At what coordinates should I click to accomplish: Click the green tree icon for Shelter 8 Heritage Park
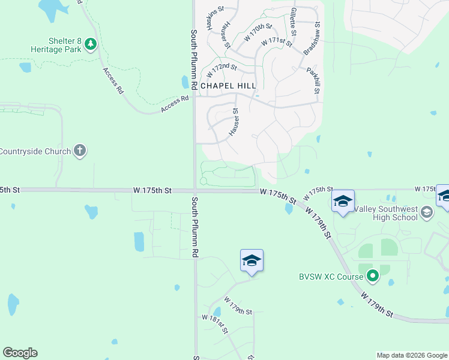point(91,44)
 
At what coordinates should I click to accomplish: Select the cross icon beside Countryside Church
point(80,151)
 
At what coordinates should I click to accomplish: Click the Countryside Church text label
point(35,151)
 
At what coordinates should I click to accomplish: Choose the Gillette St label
point(294,20)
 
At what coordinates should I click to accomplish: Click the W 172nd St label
point(222,70)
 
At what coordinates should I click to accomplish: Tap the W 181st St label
point(214,325)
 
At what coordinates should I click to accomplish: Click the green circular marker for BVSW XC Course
point(373,277)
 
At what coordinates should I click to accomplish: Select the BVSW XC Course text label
point(331,277)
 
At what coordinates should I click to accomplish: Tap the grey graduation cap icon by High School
point(426,211)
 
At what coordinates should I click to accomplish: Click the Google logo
point(20,353)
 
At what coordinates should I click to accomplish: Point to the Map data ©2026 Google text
point(412,355)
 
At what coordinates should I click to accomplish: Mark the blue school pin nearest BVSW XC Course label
point(343,202)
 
